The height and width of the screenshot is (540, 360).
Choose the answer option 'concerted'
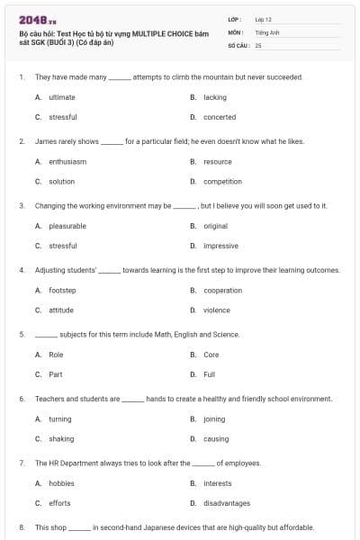tap(220, 117)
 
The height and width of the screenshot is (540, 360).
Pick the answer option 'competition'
tap(222, 182)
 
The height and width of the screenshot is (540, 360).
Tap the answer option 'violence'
tap(216, 310)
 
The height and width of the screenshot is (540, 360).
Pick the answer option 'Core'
tap(211, 355)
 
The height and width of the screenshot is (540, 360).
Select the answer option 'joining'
tap(214, 419)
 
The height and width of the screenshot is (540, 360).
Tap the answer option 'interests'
tap(218, 483)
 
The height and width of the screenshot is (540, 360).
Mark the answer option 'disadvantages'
tap(225, 503)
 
